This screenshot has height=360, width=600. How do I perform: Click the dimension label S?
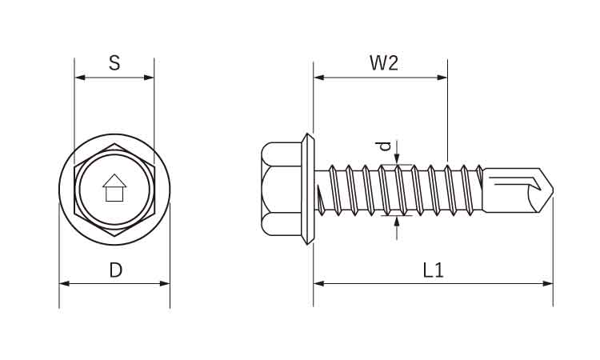pos(114,63)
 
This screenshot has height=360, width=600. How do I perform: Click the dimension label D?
pos(115,270)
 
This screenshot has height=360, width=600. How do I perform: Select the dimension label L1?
pos(433,270)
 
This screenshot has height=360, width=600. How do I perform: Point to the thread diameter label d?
pos(385,146)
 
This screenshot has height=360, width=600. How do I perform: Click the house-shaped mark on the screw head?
pos(114,188)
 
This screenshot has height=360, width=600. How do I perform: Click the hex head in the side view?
pos(281,190)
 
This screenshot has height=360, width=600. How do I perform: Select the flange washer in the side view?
pos(309,190)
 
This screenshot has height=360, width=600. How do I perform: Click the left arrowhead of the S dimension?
pos(78,78)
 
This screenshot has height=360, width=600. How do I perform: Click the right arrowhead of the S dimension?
pos(150,78)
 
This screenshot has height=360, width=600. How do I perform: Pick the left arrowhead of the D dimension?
pos(64,283)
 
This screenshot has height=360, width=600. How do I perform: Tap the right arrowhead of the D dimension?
pos(166,283)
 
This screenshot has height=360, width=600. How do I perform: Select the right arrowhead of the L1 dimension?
pos(548,283)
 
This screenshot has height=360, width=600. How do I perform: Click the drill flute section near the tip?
pos(512,190)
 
